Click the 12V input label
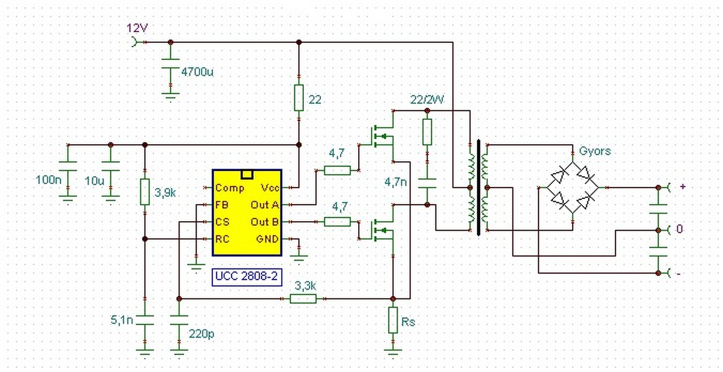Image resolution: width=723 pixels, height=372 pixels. (137, 28)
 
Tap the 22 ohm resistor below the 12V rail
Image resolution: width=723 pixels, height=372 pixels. (299, 97)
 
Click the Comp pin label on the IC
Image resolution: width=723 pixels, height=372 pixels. (230, 188)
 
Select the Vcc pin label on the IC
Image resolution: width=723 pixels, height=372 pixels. (269, 188)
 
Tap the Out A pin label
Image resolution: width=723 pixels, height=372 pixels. (265, 205)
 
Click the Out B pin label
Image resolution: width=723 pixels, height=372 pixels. (265, 222)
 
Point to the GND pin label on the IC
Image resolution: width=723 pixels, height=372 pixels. (267, 239)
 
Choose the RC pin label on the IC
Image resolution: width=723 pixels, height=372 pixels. (222, 239)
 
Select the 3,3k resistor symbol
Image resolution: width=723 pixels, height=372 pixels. (303, 299)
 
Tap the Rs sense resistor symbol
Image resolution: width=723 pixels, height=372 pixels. (393, 321)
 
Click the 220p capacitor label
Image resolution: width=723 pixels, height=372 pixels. (202, 334)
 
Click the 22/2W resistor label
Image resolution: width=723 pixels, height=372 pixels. (427, 100)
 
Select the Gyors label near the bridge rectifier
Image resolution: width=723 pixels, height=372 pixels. (595, 151)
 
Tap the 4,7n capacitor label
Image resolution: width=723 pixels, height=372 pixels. (395, 183)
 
